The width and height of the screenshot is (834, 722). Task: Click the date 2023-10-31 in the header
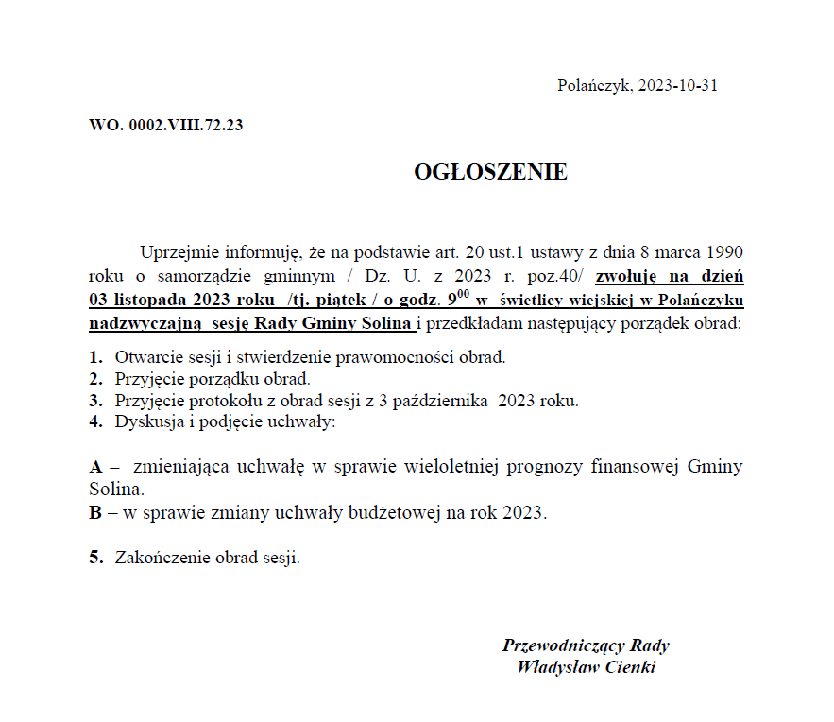click(678, 85)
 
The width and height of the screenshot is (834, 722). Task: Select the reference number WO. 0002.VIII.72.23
click(166, 125)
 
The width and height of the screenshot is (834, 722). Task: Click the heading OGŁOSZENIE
click(490, 172)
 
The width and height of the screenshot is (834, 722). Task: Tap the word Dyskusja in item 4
click(148, 421)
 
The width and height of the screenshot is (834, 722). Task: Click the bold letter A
click(95, 467)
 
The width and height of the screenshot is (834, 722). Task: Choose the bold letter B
click(95, 514)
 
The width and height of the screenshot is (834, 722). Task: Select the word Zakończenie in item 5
click(161, 558)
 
